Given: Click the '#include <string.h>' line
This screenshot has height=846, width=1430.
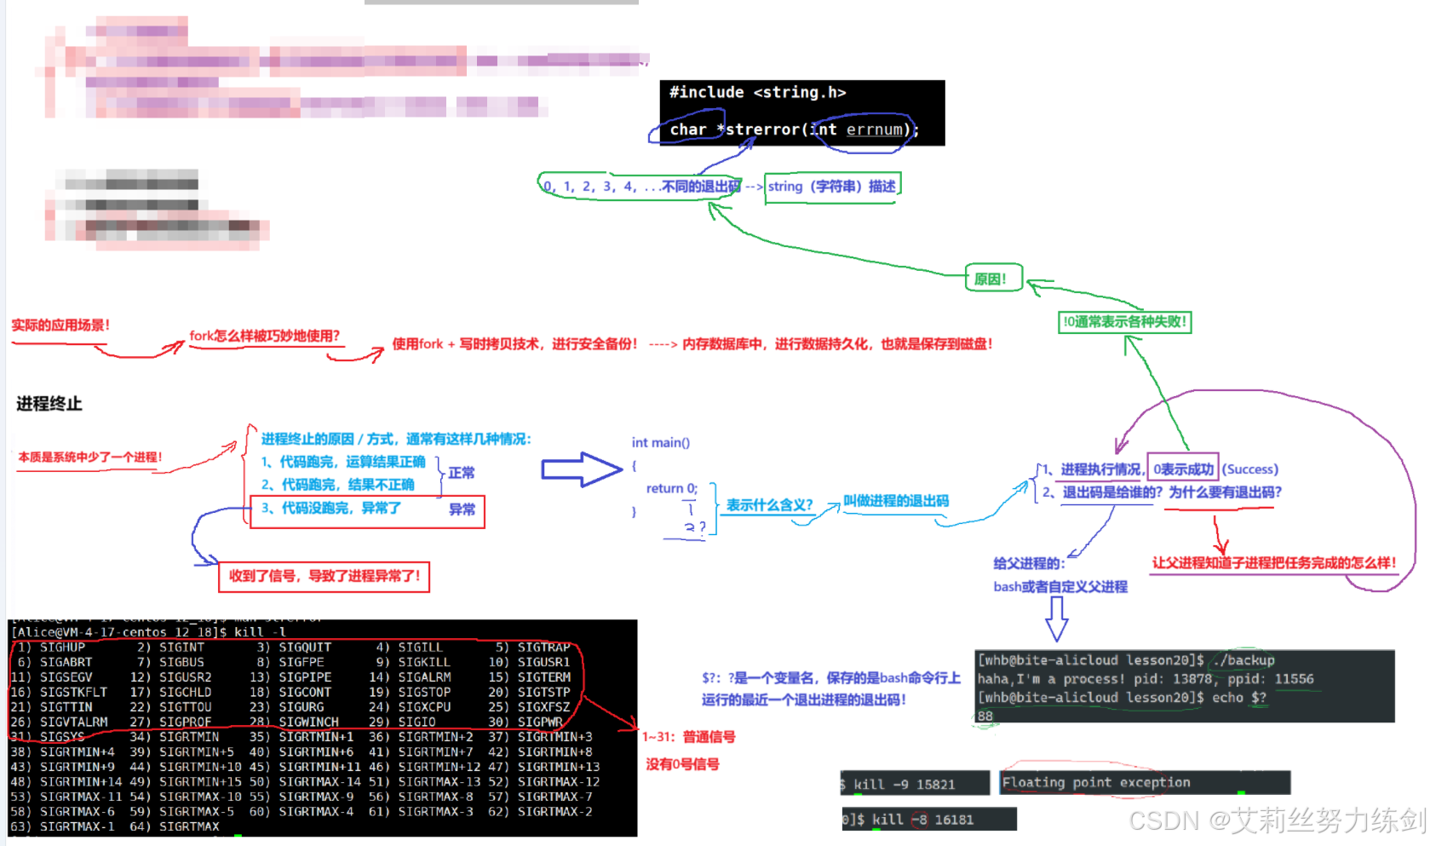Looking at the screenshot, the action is [757, 92].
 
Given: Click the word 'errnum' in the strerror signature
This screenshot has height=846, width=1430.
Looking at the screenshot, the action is [874, 129].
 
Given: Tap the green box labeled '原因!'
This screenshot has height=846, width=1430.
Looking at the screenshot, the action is [991, 279].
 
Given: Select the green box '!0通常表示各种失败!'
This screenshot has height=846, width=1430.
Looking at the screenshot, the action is [1123, 322].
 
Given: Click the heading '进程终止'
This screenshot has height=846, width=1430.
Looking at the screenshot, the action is [49, 404].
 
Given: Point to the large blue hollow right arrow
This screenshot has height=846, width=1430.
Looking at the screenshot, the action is [582, 469].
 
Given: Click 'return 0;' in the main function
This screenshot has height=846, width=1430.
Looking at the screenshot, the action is [671, 488].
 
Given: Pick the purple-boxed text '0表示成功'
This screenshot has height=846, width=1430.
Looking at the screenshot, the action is [1183, 469].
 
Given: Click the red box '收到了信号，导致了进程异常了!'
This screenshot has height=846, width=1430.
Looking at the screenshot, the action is [324, 576].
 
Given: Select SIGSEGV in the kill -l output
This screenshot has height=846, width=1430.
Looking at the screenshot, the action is [66, 677].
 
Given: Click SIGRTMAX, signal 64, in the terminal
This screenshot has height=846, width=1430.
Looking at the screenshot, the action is [189, 826].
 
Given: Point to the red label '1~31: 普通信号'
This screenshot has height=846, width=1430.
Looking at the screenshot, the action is [688, 737].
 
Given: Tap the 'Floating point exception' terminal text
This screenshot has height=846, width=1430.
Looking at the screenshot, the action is [1095, 782].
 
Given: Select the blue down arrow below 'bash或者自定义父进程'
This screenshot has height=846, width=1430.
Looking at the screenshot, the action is [1057, 618].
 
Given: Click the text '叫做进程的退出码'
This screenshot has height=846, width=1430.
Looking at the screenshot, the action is [896, 501].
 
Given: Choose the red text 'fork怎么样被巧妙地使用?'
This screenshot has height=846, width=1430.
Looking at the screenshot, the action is [264, 336].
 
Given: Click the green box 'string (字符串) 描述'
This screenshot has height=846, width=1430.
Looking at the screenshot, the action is [831, 187].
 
